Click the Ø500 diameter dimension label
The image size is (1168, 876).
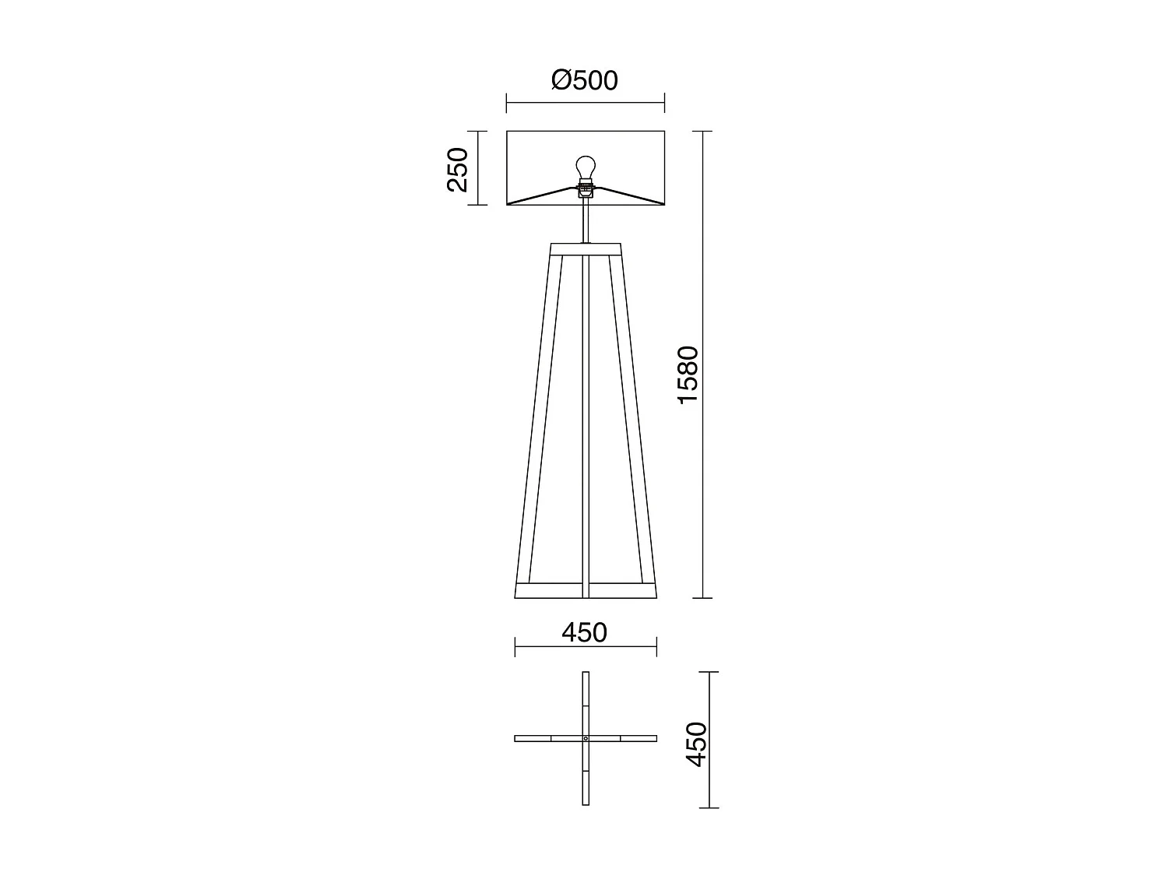tap(584, 80)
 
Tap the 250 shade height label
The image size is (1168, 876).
tap(458, 169)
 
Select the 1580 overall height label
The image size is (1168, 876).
tap(689, 375)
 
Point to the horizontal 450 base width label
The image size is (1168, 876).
tap(584, 633)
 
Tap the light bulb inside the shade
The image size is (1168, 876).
tap(585, 167)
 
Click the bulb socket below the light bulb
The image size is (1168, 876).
tap(585, 188)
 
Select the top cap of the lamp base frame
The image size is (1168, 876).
tap(586, 249)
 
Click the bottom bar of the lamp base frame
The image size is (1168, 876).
tap(586, 590)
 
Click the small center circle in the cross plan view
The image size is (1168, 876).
tap(586, 738)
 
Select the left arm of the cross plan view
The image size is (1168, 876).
tap(545, 738)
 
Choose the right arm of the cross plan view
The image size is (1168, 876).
tap(627, 738)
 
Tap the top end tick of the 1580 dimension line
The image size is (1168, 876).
tap(703, 131)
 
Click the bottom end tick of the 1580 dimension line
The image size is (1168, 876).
tap(703, 598)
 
